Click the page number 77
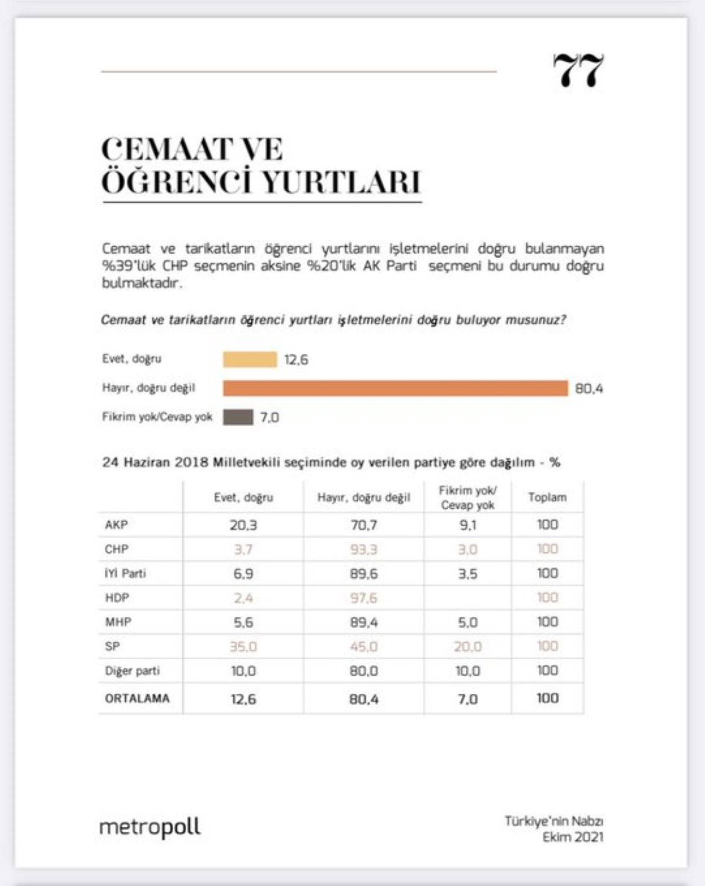[578, 71]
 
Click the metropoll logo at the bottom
[150, 827]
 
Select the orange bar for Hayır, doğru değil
[395, 388]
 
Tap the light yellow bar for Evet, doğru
[250, 359]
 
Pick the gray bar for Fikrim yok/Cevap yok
[238, 417]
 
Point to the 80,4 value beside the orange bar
[589, 388]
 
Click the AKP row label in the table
[116, 525]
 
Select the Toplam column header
[547, 497]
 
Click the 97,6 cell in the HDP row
[364, 598]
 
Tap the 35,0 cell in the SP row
[243, 646]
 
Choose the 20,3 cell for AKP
[243, 525]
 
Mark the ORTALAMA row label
[137, 699]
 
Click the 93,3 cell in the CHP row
[364, 549]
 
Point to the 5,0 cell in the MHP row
[468, 622]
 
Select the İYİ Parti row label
[125, 573]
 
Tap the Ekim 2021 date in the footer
[572, 837]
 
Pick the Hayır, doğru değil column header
[364, 498]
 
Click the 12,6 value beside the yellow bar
[296, 360]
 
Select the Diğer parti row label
[132, 671]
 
